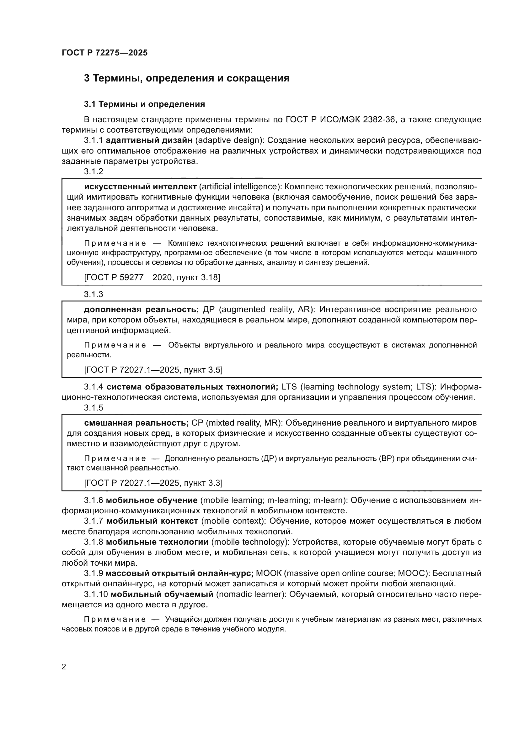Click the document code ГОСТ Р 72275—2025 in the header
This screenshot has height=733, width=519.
104,53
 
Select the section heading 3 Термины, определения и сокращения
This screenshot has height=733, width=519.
187,78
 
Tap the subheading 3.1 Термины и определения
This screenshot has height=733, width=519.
144,104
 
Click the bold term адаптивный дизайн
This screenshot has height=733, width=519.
149,140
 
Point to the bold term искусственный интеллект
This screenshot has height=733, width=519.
140,186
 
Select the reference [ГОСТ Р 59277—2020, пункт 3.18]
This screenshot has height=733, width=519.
152,277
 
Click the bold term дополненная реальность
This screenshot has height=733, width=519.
141,309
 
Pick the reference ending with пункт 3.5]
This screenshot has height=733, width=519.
153,370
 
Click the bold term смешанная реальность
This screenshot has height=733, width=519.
136,423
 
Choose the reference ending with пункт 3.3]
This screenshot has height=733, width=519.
153,483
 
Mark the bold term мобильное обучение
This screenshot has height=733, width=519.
152,500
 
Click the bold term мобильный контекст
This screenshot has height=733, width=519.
152,521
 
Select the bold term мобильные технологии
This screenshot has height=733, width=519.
157,542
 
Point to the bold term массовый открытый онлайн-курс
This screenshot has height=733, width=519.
179,573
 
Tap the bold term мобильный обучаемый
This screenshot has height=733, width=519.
162,594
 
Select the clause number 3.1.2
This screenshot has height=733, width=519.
94,171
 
